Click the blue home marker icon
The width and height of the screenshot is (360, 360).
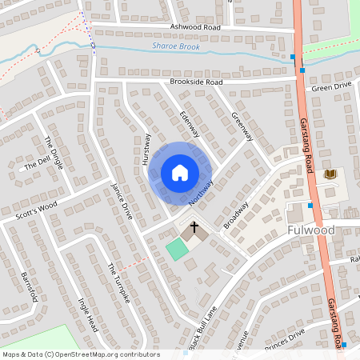pyautogui.click(x=180, y=173)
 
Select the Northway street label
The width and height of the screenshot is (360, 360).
pyautogui.click(x=202, y=193)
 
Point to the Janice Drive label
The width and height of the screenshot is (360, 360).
pyautogui.click(x=122, y=200)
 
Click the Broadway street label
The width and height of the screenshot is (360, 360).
pyautogui.click(x=237, y=215)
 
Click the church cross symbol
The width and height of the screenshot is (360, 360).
pyautogui.click(x=192, y=230)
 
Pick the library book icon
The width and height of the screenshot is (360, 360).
pyautogui.click(x=329, y=174)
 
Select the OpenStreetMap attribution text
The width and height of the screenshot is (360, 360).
pyautogui.click(x=80, y=354)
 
